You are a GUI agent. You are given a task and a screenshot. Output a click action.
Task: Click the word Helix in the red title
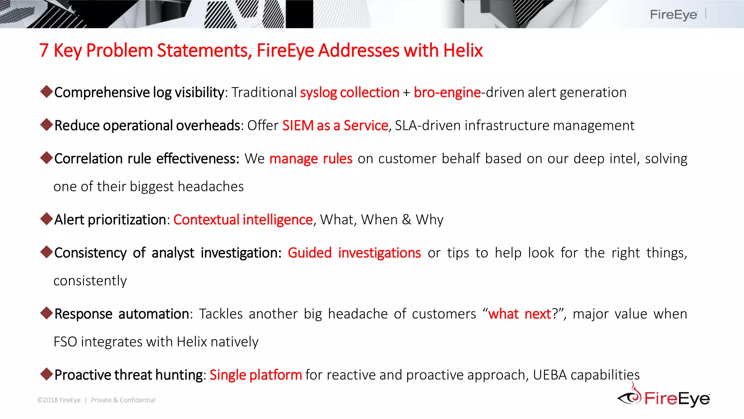[x=462, y=51]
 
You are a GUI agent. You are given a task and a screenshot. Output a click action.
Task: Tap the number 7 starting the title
[x=44, y=51]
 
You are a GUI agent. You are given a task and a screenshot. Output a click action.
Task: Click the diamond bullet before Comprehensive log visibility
[x=46, y=91]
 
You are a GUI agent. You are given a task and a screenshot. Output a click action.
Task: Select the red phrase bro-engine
[x=447, y=93]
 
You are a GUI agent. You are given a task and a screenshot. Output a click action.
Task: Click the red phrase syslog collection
[x=349, y=93]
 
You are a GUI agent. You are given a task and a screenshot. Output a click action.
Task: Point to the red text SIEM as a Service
[x=335, y=126]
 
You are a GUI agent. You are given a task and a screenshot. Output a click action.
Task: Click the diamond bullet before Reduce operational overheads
[x=46, y=124]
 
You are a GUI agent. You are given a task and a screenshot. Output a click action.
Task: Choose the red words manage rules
[x=311, y=159]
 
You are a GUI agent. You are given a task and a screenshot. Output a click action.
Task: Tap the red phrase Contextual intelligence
[x=243, y=220]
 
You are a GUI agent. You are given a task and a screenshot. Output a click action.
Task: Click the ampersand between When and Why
[x=407, y=220]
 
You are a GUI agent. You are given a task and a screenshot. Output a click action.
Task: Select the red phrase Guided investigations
[x=354, y=253]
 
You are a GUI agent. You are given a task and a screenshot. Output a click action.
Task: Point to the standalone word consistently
[x=90, y=281]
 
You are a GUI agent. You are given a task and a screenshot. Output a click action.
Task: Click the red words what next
[x=519, y=314]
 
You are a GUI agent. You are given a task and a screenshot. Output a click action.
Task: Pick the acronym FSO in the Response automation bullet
[x=65, y=342]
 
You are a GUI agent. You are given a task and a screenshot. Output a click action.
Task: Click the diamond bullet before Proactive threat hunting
[x=46, y=374]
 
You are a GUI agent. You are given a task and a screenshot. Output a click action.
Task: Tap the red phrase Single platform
[x=255, y=375]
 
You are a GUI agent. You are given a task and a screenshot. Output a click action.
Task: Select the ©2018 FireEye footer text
[x=59, y=400]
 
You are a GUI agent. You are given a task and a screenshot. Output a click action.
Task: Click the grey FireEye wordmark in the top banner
[x=673, y=15]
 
